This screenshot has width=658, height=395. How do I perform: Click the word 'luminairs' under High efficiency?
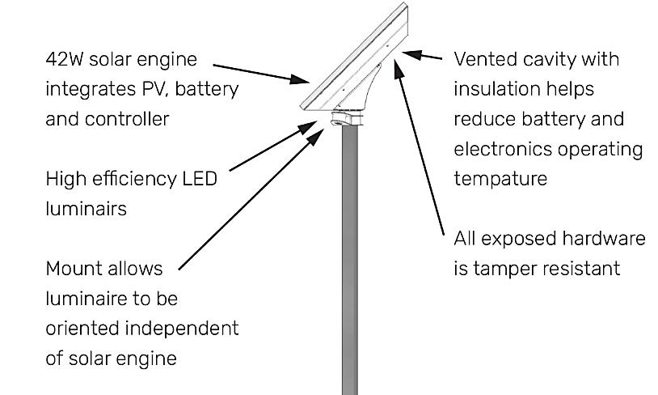tap(86, 208)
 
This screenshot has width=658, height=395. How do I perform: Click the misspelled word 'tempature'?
tap(500, 179)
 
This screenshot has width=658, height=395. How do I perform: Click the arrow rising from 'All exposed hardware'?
tap(420, 146)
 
